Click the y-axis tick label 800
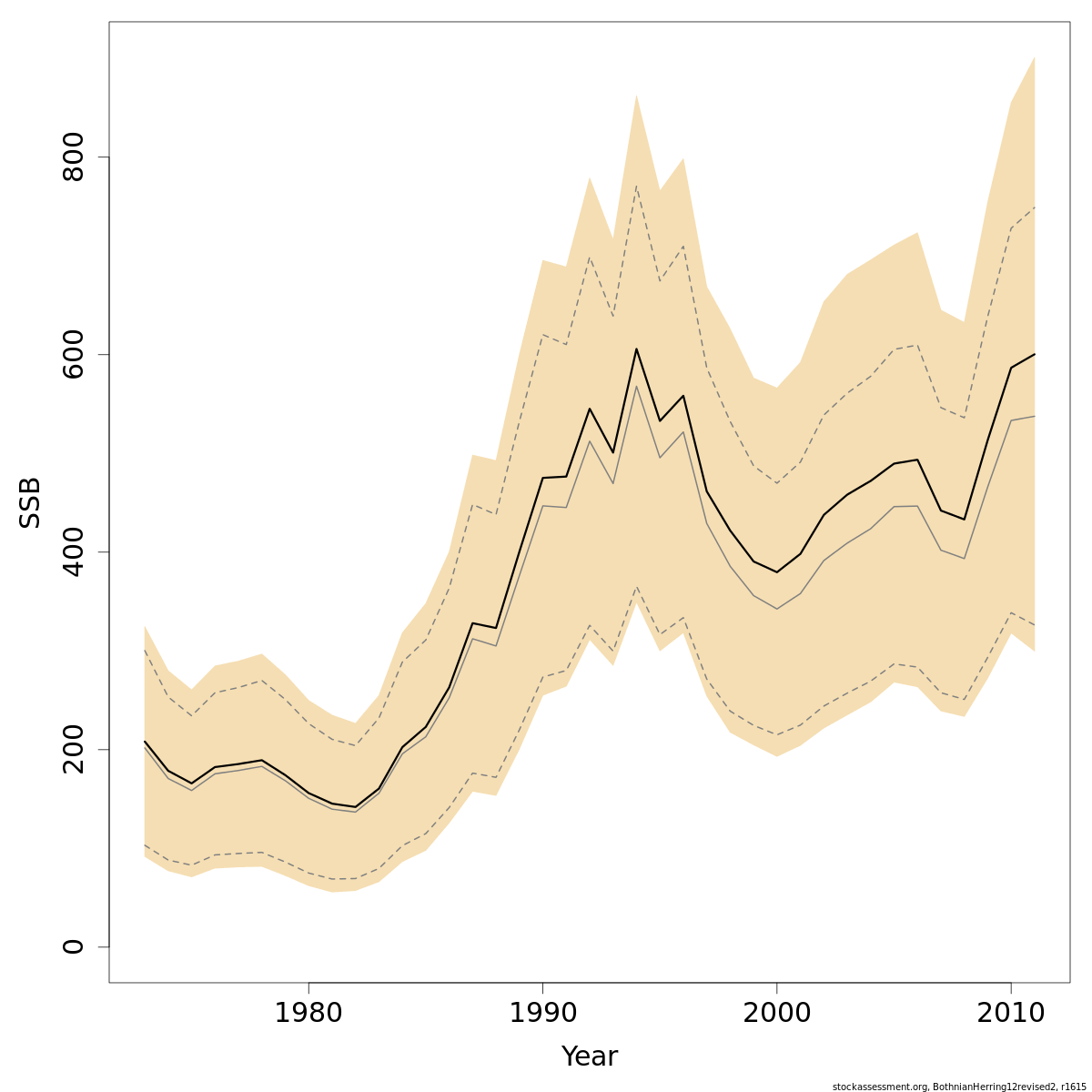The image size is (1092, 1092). click(73, 157)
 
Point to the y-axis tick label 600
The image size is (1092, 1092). click(73, 354)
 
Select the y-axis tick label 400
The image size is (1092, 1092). click(73, 551)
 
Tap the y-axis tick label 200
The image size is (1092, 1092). click(73, 749)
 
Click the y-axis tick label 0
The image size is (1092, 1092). click(73, 946)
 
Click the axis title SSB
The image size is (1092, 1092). click(30, 502)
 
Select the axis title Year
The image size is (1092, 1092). click(589, 1057)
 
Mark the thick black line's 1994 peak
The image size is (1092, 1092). click(636, 349)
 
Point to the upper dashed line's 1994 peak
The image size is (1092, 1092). click(636, 186)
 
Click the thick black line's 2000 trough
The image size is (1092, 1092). click(776, 572)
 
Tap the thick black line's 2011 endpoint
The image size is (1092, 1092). click(1035, 354)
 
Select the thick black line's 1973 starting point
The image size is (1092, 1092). click(145, 741)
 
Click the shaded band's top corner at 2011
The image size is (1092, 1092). click(1035, 57)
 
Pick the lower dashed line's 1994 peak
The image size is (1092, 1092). click(636, 587)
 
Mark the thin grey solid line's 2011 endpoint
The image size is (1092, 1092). click(1035, 416)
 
